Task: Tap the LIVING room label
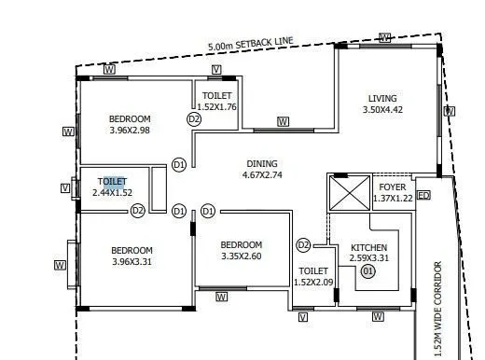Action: tap(382, 98)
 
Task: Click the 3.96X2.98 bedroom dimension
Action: tap(130, 131)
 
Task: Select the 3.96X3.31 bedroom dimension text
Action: tap(132, 262)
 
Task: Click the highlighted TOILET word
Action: tap(112, 181)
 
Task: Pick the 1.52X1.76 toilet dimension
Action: tap(217, 107)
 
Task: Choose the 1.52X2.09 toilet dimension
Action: tap(313, 283)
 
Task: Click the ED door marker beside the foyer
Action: tap(423, 196)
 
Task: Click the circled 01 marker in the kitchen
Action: tap(368, 271)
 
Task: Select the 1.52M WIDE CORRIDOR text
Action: tap(437, 303)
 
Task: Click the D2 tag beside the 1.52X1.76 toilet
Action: tap(194, 119)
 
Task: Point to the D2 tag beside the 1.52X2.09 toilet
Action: tap(303, 245)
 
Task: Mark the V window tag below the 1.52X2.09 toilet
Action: tap(303, 317)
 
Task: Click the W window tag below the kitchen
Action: tap(378, 317)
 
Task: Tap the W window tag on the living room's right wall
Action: tap(450, 111)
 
